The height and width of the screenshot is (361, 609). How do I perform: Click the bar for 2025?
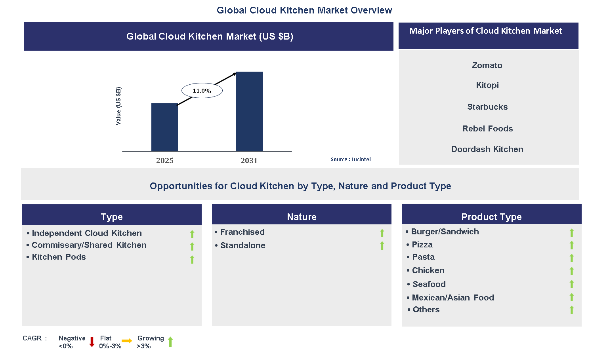click(x=164, y=127)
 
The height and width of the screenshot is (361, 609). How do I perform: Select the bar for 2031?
click(x=249, y=111)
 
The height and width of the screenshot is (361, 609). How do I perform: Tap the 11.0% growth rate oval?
click(x=202, y=91)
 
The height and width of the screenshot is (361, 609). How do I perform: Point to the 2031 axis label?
click(x=249, y=160)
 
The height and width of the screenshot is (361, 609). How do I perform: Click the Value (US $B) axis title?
click(x=118, y=106)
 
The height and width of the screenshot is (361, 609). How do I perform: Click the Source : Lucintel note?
click(x=351, y=159)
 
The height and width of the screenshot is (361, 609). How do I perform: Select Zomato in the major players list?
click(x=487, y=65)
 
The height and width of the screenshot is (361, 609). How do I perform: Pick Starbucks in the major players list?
click(x=487, y=107)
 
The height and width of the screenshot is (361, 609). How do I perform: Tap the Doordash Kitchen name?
click(x=487, y=149)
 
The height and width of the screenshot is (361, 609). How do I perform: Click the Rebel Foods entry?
click(x=487, y=129)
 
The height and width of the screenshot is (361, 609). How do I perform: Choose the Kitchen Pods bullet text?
click(x=59, y=257)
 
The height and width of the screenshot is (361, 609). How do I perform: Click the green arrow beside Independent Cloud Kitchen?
click(x=192, y=234)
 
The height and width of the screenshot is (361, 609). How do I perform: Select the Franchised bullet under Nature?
click(x=242, y=232)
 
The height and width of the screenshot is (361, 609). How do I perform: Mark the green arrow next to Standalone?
click(x=382, y=246)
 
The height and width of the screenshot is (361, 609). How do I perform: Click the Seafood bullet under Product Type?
click(x=429, y=284)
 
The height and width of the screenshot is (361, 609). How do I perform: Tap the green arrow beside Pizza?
click(x=571, y=245)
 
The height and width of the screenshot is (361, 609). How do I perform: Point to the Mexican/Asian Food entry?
click(x=452, y=298)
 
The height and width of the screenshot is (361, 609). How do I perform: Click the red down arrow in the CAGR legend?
click(x=92, y=342)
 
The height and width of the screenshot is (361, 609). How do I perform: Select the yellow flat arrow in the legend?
click(x=127, y=341)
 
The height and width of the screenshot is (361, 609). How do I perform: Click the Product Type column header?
click(x=491, y=217)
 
